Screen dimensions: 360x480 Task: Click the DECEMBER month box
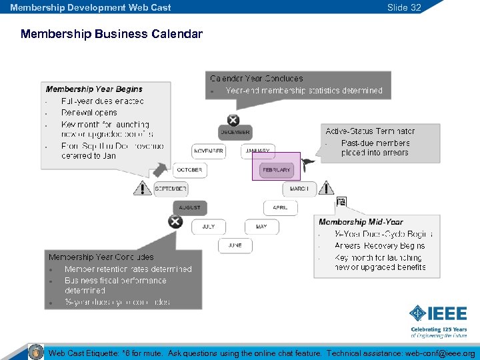click(235, 133)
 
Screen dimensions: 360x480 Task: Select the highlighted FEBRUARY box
click(276, 170)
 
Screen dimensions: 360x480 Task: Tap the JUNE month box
click(235, 245)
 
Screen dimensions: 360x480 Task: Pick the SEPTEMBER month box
click(171, 189)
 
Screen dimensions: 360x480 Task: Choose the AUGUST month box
click(189, 208)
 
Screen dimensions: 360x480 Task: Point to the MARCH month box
click(299, 189)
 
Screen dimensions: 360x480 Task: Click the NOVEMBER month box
click(208, 151)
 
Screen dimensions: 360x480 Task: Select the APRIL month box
click(280, 208)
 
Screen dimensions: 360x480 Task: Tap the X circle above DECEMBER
click(233, 120)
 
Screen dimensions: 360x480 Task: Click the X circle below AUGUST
click(175, 221)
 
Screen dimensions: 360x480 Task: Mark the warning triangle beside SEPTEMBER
click(141, 189)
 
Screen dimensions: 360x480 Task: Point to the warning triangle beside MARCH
click(327, 189)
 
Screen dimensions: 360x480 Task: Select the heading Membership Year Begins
click(94, 89)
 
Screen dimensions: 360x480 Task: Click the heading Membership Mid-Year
click(361, 222)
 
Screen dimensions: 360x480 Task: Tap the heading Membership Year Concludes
click(101, 257)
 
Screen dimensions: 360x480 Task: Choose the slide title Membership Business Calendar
click(111, 33)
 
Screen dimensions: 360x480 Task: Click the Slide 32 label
click(404, 7)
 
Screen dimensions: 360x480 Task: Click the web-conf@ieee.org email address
click(441, 353)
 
